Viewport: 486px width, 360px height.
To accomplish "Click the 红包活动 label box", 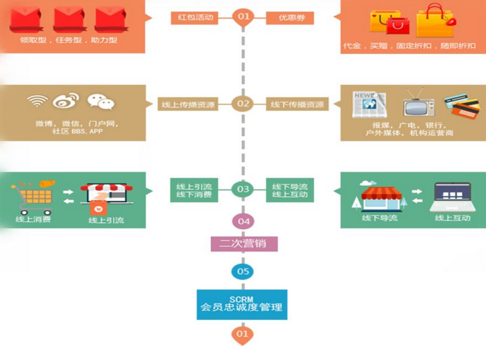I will (x=195, y=17).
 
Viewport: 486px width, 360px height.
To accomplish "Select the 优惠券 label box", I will (x=290, y=17).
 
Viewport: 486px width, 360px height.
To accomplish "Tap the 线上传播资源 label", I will (x=187, y=104).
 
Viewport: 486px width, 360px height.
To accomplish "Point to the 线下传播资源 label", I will (x=297, y=104).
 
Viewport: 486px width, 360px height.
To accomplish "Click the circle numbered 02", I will (x=243, y=103).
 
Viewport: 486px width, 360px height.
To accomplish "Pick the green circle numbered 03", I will (x=243, y=189).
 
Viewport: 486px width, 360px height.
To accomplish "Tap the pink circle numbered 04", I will (x=243, y=221).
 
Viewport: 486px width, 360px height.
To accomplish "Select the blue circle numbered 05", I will (x=243, y=271).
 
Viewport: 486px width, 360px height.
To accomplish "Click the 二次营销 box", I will (x=243, y=244).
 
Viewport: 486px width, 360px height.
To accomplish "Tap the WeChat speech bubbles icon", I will (x=100, y=101).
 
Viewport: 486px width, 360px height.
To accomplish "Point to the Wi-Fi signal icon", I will (x=37, y=101).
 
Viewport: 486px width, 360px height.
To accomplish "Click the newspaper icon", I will (x=370, y=104).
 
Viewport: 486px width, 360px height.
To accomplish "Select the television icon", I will (x=418, y=104).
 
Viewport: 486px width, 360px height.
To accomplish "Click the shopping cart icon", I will (x=32, y=195).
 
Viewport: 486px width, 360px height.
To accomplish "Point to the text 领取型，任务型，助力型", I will (x=69, y=41).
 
